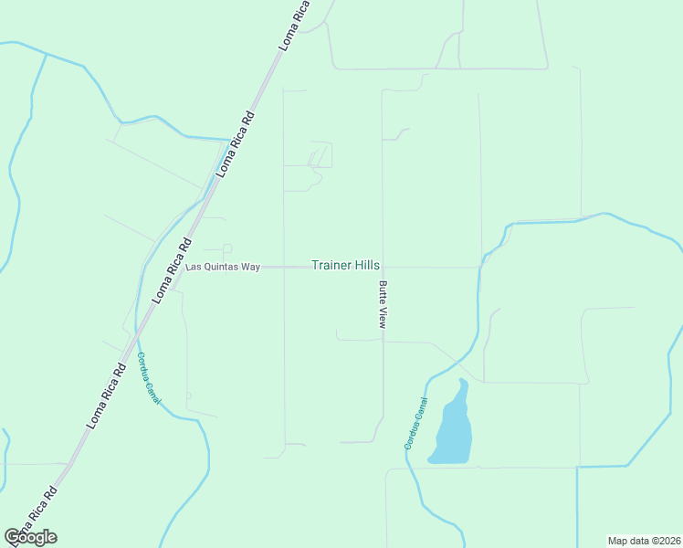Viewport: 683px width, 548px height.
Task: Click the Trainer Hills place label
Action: click(x=345, y=265)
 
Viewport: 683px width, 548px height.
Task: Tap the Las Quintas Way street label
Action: click(x=224, y=267)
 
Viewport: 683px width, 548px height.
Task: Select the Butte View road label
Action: click(x=384, y=304)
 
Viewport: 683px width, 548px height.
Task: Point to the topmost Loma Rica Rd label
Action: click(x=296, y=25)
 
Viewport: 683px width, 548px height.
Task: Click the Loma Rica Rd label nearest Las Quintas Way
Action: click(x=173, y=270)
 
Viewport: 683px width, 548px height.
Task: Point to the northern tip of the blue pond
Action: click(x=462, y=381)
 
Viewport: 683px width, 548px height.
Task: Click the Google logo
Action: click(x=30, y=537)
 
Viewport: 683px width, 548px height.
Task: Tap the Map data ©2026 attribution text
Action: click(x=644, y=540)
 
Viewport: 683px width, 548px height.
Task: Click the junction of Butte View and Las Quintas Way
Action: click(x=383, y=268)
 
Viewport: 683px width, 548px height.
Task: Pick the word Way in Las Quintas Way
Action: click(x=250, y=267)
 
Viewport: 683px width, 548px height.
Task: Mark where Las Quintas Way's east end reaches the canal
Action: click(x=479, y=268)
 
